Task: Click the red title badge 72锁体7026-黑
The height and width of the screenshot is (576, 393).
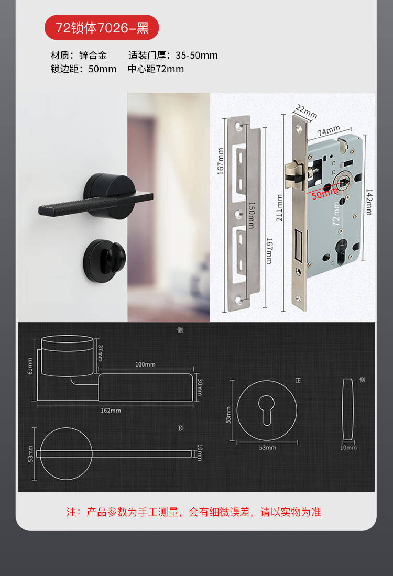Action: [102, 28]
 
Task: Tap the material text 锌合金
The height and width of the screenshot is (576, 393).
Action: [93, 56]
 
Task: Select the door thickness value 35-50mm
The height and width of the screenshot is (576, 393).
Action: [196, 56]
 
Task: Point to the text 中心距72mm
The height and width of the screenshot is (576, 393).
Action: [156, 69]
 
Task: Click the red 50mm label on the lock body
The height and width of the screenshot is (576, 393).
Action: [325, 193]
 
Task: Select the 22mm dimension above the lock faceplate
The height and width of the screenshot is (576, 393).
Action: [306, 112]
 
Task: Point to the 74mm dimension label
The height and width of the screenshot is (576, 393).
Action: [329, 130]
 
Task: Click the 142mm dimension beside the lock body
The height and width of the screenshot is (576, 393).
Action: [369, 202]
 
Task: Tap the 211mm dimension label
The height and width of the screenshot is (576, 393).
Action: [279, 208]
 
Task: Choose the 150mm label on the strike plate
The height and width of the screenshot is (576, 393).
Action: [252, 215]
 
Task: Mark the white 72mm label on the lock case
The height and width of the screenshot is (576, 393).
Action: [336, 215]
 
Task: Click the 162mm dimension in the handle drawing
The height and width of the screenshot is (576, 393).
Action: [111, 411]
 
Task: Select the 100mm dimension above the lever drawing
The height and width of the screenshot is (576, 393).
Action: [145, 364]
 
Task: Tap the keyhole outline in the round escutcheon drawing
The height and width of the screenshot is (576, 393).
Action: [267, 409]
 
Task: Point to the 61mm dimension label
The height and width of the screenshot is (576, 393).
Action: [30, 366]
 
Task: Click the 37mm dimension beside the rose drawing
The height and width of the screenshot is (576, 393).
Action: [100, 353]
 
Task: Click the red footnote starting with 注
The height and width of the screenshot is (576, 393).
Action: [194, 512]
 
